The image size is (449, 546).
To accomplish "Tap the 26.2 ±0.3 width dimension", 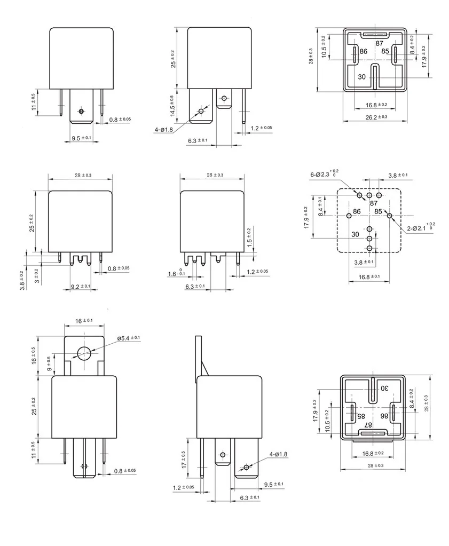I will pos(376,117).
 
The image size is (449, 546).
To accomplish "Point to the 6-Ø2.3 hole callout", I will pos(322,174).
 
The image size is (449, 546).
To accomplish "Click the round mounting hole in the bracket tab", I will pos(84,353).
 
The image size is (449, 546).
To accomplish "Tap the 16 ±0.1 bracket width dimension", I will pos(84,320).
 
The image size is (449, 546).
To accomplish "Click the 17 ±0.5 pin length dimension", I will pos(184,459).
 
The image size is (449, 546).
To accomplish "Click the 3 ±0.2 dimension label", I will pos(36,276).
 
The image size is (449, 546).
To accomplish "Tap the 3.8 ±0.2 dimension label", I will pos(21,280).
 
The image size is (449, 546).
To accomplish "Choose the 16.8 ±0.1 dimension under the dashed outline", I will pos(369,276).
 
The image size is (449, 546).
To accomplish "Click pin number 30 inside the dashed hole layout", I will pos(356,234).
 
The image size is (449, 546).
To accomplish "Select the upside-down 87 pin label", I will pos(368,424).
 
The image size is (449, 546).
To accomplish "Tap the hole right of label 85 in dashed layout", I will pos(390,216).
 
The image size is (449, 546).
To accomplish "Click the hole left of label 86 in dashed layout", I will pos(349,216).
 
